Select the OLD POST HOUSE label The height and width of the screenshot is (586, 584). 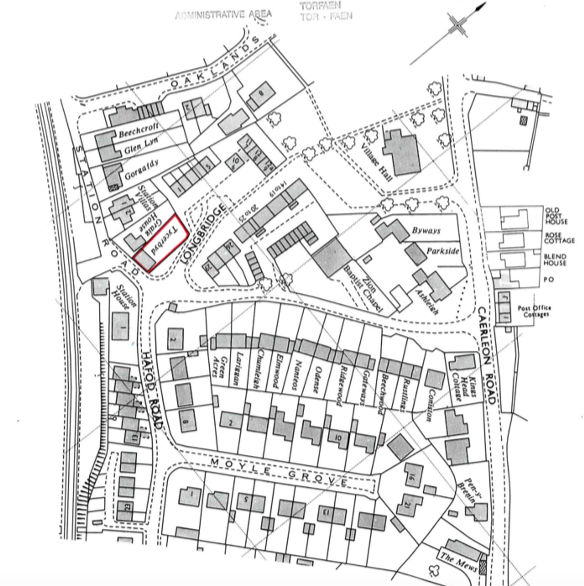pyautogui.click(x=556, y=216)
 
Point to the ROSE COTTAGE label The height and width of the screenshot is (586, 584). pyautogui.click(x=559, y=238)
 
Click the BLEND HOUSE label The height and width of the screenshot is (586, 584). pyautogui.click(x=555, y=260)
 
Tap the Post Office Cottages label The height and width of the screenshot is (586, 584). pyautogui.click(x=534, y=311)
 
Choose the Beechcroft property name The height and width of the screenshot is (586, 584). pyautogui.click(x=138, y=130)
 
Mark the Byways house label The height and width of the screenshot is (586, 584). pyautogui.click(x=426, y=230)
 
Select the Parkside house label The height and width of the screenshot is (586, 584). pyautogui.click(x=443, y=251)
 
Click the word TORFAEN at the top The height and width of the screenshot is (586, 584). pyautogui.click(x=320, y=6)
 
